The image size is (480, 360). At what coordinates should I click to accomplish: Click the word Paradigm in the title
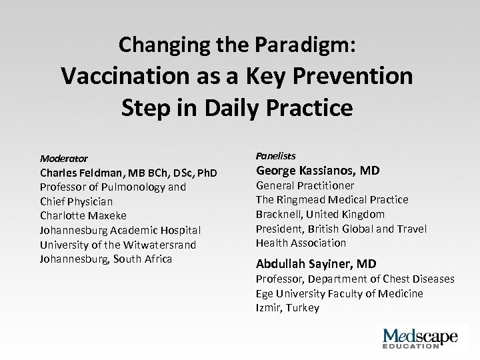pos(298,45)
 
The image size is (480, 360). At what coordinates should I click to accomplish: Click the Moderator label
pos(63,159)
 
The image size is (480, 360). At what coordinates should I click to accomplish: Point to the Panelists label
pos(275,155)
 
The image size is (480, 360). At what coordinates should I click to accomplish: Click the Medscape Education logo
pos(417,336)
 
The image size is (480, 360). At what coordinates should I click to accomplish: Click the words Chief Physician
pos(77,201)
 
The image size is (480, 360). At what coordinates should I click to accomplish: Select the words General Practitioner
pos(305,185)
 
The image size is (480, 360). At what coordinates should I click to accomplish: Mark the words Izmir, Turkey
pos(287,307)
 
